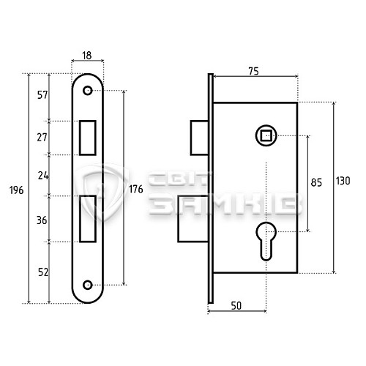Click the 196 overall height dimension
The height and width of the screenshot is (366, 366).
(x=17, y=190)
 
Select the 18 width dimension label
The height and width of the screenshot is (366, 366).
(x=87, y=56)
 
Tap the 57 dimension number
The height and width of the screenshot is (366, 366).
(x=42, y=94)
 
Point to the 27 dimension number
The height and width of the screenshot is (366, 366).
(x=42, y=138)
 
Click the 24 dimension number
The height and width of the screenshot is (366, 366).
(x=43, y=176)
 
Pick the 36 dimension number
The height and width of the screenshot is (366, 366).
(x=42, y=220)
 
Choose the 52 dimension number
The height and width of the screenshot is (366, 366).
(x=43, y=272)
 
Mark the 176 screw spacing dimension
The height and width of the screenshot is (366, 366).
(x=136, y=189)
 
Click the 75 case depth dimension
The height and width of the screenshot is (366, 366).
(x=253, y=71)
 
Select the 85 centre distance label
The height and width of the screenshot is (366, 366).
(x=316, y=182)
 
